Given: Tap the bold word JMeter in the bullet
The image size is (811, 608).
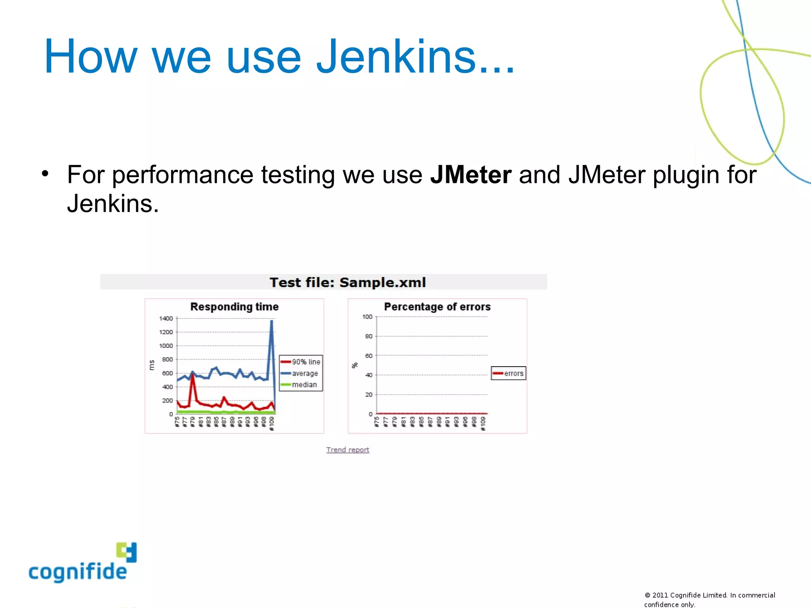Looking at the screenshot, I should (471, 175).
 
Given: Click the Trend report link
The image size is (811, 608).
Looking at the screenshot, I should (348, 450).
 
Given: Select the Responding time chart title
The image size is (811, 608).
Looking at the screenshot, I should (234, 307).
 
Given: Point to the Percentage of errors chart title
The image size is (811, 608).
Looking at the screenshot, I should (437, 307).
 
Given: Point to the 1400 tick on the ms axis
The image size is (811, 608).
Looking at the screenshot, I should (166, 318).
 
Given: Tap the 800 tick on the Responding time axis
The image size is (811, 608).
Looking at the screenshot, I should (168, 359).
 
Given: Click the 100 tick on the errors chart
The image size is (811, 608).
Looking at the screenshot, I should (367, 317).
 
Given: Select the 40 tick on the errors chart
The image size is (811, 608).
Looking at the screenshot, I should (369, 375).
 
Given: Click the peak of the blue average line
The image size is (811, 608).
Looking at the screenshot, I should (271, 321).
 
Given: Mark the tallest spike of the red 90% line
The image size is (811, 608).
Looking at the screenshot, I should (192, 374).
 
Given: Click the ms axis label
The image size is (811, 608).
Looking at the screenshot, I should (151, 365).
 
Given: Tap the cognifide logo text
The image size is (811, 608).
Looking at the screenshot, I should (78, 572).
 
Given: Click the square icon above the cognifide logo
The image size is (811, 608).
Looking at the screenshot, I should (127, 552).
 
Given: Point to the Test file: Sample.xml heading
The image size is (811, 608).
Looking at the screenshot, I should (348, 282).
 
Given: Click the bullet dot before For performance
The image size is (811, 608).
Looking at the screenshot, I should (45, 173).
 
